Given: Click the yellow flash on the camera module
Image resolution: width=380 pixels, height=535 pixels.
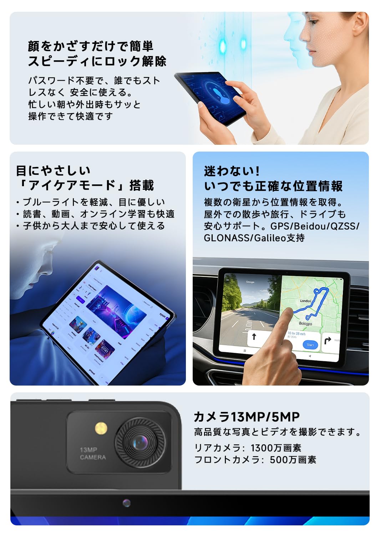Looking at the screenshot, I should pos(101,428).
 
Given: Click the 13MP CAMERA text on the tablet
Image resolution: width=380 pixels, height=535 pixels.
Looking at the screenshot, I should pos(92,453).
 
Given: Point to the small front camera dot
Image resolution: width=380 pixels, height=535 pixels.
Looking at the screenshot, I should pos(126,503).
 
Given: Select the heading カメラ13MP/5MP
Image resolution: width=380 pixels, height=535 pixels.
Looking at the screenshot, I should pos(247,417).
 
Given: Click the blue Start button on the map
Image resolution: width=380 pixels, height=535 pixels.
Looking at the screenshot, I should pos(310,345).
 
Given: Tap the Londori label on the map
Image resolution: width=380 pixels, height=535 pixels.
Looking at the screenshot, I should pos(305,301).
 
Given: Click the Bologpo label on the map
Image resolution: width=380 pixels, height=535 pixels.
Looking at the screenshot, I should pos(305,323).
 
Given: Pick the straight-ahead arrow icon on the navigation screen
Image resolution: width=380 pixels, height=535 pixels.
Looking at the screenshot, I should pos(254,336).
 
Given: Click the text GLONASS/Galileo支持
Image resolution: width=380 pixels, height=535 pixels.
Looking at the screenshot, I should pos(254,238).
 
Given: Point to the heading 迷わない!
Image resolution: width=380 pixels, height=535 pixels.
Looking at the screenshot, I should pos(232,171).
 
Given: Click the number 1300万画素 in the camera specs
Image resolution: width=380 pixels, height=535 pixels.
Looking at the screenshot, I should pos(276,448).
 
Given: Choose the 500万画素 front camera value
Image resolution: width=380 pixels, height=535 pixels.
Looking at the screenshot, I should pos(293,460).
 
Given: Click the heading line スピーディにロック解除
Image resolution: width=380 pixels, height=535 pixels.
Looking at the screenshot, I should pos(97,61).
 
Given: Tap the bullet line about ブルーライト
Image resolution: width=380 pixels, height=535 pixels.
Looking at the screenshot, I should pos(93,202).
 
